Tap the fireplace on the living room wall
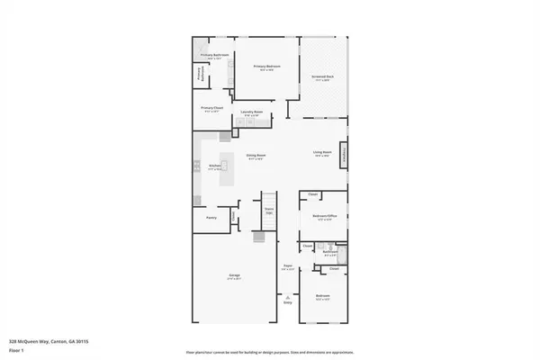343,155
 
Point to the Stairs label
268,211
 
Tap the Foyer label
288,265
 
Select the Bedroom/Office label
324,216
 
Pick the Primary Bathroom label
214,56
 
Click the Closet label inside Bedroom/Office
312,195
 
